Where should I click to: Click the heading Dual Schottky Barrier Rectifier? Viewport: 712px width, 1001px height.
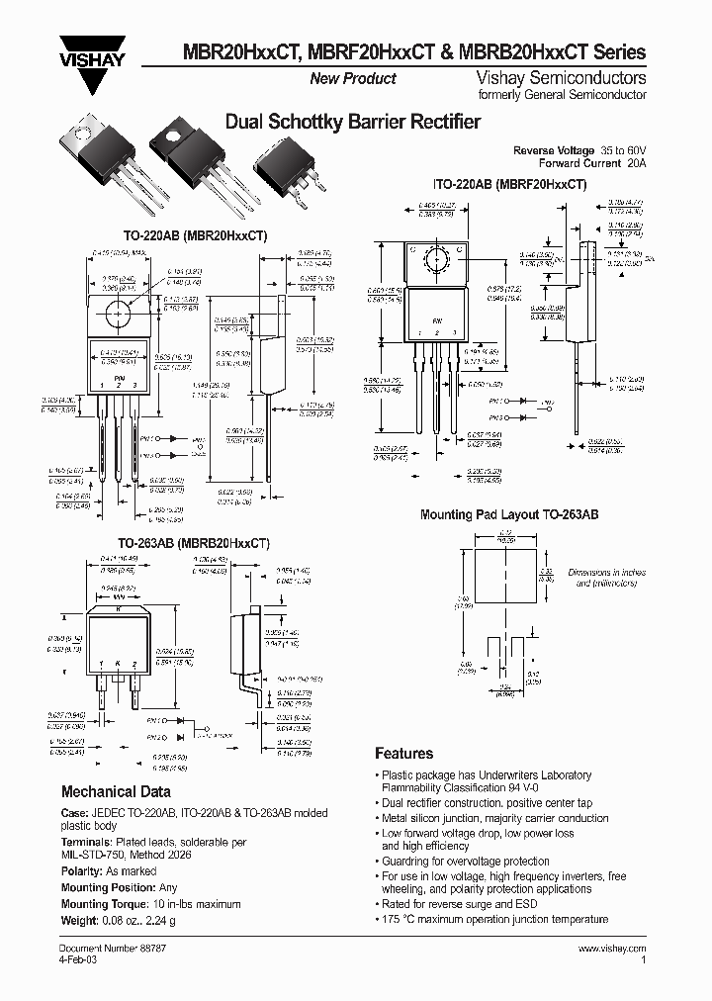click(353, 122)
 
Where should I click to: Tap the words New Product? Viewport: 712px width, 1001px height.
click(353, 78)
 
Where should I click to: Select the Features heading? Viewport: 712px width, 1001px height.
click(403, 753)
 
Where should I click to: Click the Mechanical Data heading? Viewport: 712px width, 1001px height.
click(116, 791)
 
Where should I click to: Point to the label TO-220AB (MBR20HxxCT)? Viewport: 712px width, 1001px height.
click(195, 236)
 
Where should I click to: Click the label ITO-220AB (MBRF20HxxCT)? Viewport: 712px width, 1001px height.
click(510, 184)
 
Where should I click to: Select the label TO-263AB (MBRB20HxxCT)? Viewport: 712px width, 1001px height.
click(194, 543)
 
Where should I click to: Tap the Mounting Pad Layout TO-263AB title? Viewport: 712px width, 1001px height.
click(509, 514)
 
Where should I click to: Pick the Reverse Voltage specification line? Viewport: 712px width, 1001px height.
click(579, 149)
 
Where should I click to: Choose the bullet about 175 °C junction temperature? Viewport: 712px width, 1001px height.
click(494, 919)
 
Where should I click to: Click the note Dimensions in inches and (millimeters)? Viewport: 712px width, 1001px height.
click(607, 578)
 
